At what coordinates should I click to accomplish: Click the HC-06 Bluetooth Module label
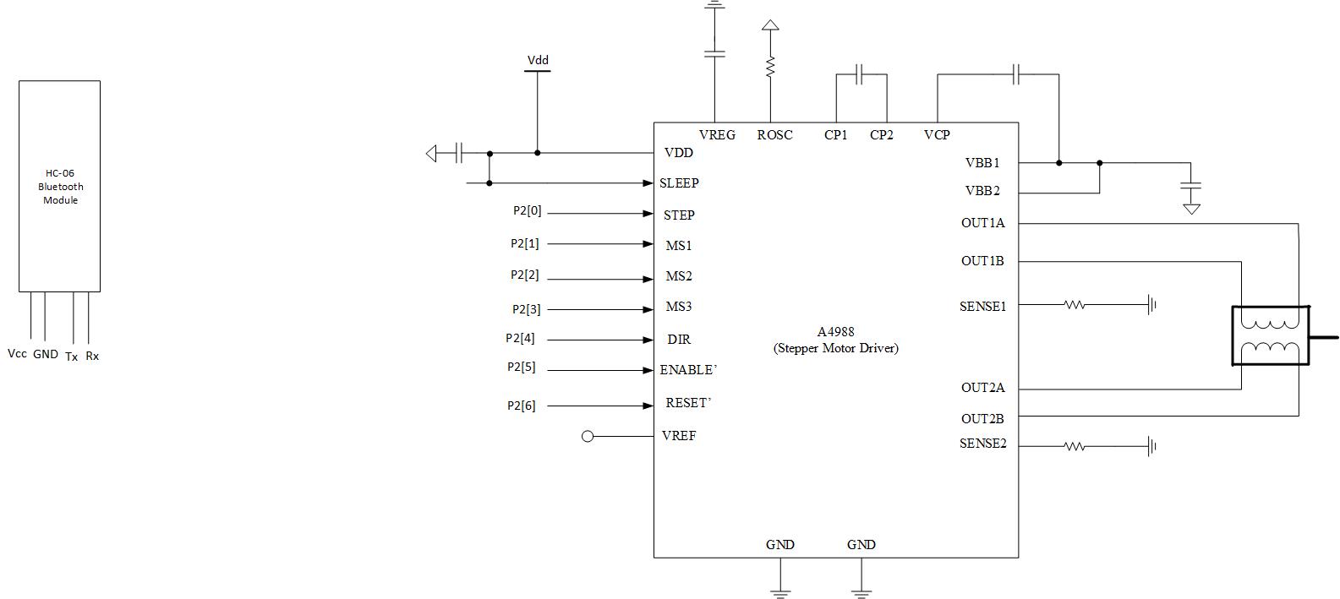(x=60, y=187)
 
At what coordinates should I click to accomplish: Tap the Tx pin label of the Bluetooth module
(x=71, y=357)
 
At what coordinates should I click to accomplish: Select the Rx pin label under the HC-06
(x=92, y=357)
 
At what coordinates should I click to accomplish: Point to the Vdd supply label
(x=538, y=60)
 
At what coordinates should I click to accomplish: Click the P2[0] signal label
(x=527, y=211)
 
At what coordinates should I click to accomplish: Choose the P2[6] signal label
(x=521, y=406)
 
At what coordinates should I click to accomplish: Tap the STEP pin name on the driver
(x=679, y=215)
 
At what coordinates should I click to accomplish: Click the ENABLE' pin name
(x=688, y=370)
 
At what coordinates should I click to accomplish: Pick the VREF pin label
(x=679, y=436)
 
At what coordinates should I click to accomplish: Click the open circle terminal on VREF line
(x=588, y=437)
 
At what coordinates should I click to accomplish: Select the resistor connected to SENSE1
(x=1075, y=305)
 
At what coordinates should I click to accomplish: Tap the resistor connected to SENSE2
(x=1075, y=446)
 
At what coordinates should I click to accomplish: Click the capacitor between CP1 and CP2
(x=859, y=74)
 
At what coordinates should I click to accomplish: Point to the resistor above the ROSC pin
(x=770, y=67)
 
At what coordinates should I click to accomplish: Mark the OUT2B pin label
(x=982, y=419)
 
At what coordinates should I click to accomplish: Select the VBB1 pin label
(x=982, y=162)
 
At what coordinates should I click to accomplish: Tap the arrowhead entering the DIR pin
(x=648, y=340)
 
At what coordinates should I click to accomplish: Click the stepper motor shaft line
(x=1323, y=338)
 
